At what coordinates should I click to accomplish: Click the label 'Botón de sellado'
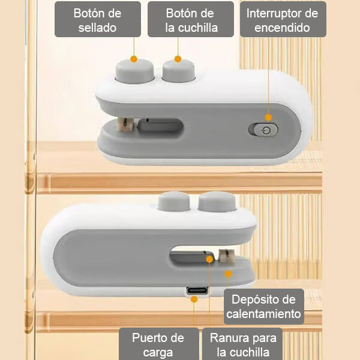point(98,20)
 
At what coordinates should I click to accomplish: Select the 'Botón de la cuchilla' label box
point(191,20)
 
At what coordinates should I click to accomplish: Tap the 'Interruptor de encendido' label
point(283,20)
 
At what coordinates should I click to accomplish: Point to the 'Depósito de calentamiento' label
point(263,307)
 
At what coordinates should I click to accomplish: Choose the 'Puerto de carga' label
point(158,344)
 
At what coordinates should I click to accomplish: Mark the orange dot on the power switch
point(268,117)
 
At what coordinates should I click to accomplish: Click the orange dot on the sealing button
point(134,59)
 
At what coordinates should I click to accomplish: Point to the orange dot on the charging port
point(194,299)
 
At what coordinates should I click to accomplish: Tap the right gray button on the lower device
point(214,202)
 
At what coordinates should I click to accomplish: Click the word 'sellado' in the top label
point(98,28)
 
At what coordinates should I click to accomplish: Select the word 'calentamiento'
point(263,314)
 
